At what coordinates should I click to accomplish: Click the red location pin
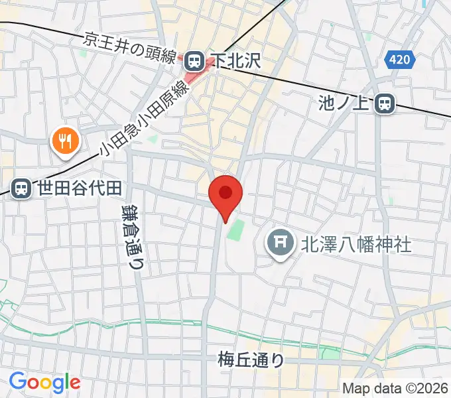coord(225,194)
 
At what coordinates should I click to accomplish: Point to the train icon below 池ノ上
coord(383,103)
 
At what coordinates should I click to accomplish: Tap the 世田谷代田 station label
coord(79,188)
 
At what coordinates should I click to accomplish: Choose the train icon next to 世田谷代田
coord(22,188)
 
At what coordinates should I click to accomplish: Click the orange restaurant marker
coord(65,140)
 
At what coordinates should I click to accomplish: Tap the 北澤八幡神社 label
coord(355,244)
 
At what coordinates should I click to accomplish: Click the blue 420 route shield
coord(400,60)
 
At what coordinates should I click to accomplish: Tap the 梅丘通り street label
coord(251,360)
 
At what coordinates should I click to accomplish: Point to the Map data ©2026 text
coord(395,387)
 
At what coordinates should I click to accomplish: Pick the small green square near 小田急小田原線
coord(153,139)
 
